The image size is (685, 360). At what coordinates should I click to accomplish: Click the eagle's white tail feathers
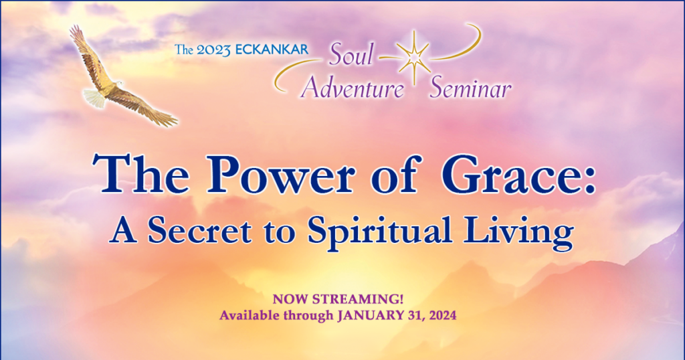coord(94,98)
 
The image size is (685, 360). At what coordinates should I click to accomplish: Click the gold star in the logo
coord(413,58)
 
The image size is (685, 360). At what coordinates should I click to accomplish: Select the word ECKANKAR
coord(272,50)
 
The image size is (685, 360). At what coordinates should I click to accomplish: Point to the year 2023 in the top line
coord(213,50)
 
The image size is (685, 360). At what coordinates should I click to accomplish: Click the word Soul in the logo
coord(351,56)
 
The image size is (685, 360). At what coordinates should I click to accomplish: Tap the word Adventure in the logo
coord(353,88)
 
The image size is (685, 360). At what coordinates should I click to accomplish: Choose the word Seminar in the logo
coord(470,88)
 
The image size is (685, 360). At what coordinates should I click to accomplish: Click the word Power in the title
coord(280,175)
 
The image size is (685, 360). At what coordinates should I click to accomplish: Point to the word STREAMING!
coord(357,299)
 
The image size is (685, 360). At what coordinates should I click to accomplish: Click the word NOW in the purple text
coord(290,299)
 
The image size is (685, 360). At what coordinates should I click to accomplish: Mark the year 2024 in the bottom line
coord(443,315)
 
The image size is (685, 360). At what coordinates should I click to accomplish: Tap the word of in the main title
coord(396,174)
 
